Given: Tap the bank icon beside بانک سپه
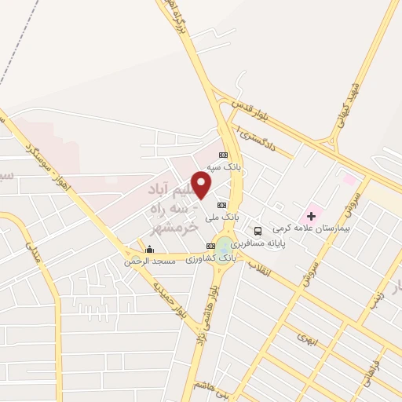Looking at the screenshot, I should [224, 155].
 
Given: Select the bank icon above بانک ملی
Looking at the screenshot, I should [221, 204].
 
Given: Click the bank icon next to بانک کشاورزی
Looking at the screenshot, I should [210, 246].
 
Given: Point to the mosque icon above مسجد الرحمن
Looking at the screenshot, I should [148, 250].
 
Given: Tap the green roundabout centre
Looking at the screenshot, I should [227, 246].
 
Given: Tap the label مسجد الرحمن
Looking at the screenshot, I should [141, 261].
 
